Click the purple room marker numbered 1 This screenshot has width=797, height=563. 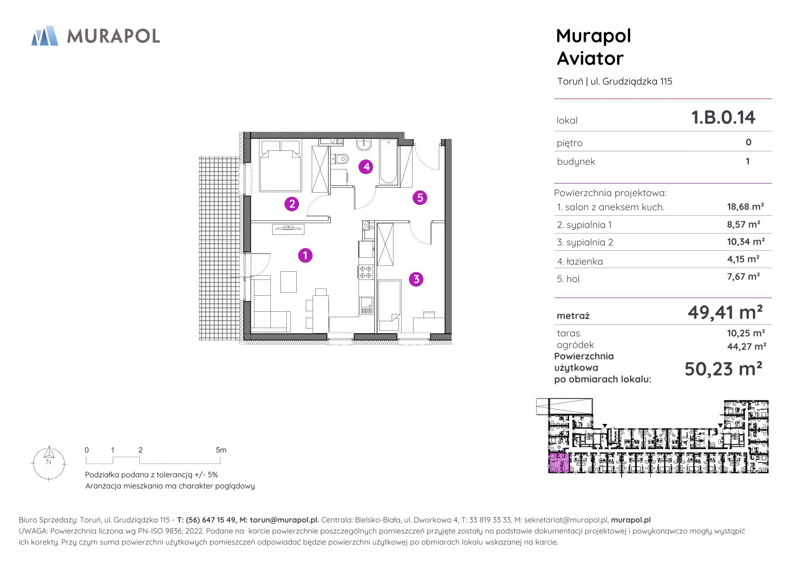305,255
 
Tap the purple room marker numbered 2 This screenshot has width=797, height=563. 292,204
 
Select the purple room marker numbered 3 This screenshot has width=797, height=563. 416,279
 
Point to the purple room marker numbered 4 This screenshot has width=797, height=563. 366,167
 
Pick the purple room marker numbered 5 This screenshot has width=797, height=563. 420,198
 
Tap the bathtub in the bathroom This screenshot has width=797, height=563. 388,162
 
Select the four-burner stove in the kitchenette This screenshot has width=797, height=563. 366,272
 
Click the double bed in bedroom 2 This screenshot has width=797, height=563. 280,165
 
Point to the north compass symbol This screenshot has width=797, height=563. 49,463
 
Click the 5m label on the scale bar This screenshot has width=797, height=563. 221,450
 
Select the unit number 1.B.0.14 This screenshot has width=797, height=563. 723,117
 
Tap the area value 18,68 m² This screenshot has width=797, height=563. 745,207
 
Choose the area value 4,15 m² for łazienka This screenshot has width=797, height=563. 743,259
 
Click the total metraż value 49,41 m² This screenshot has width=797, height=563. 725,312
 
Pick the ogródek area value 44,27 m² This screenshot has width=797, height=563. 747,346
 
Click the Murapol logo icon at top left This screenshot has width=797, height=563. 45,36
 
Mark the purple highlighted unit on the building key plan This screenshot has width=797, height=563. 558,463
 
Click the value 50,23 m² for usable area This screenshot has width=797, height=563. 723,369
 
